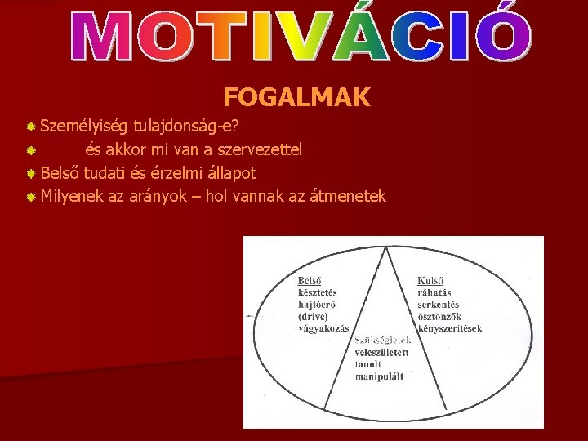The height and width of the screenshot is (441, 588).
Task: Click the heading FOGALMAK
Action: pyautogui.click(x=296, y=99)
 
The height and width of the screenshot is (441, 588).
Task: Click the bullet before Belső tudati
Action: pyautogui.click(x=30, y=174)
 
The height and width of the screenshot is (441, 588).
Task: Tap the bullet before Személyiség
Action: pyautogui.click(x=30, y=127)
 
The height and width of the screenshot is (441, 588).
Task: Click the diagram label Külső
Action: pyautogui.click(x=432, y=280)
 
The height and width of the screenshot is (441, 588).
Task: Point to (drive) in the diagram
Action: pyautogui.click(x=315, y=315)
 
